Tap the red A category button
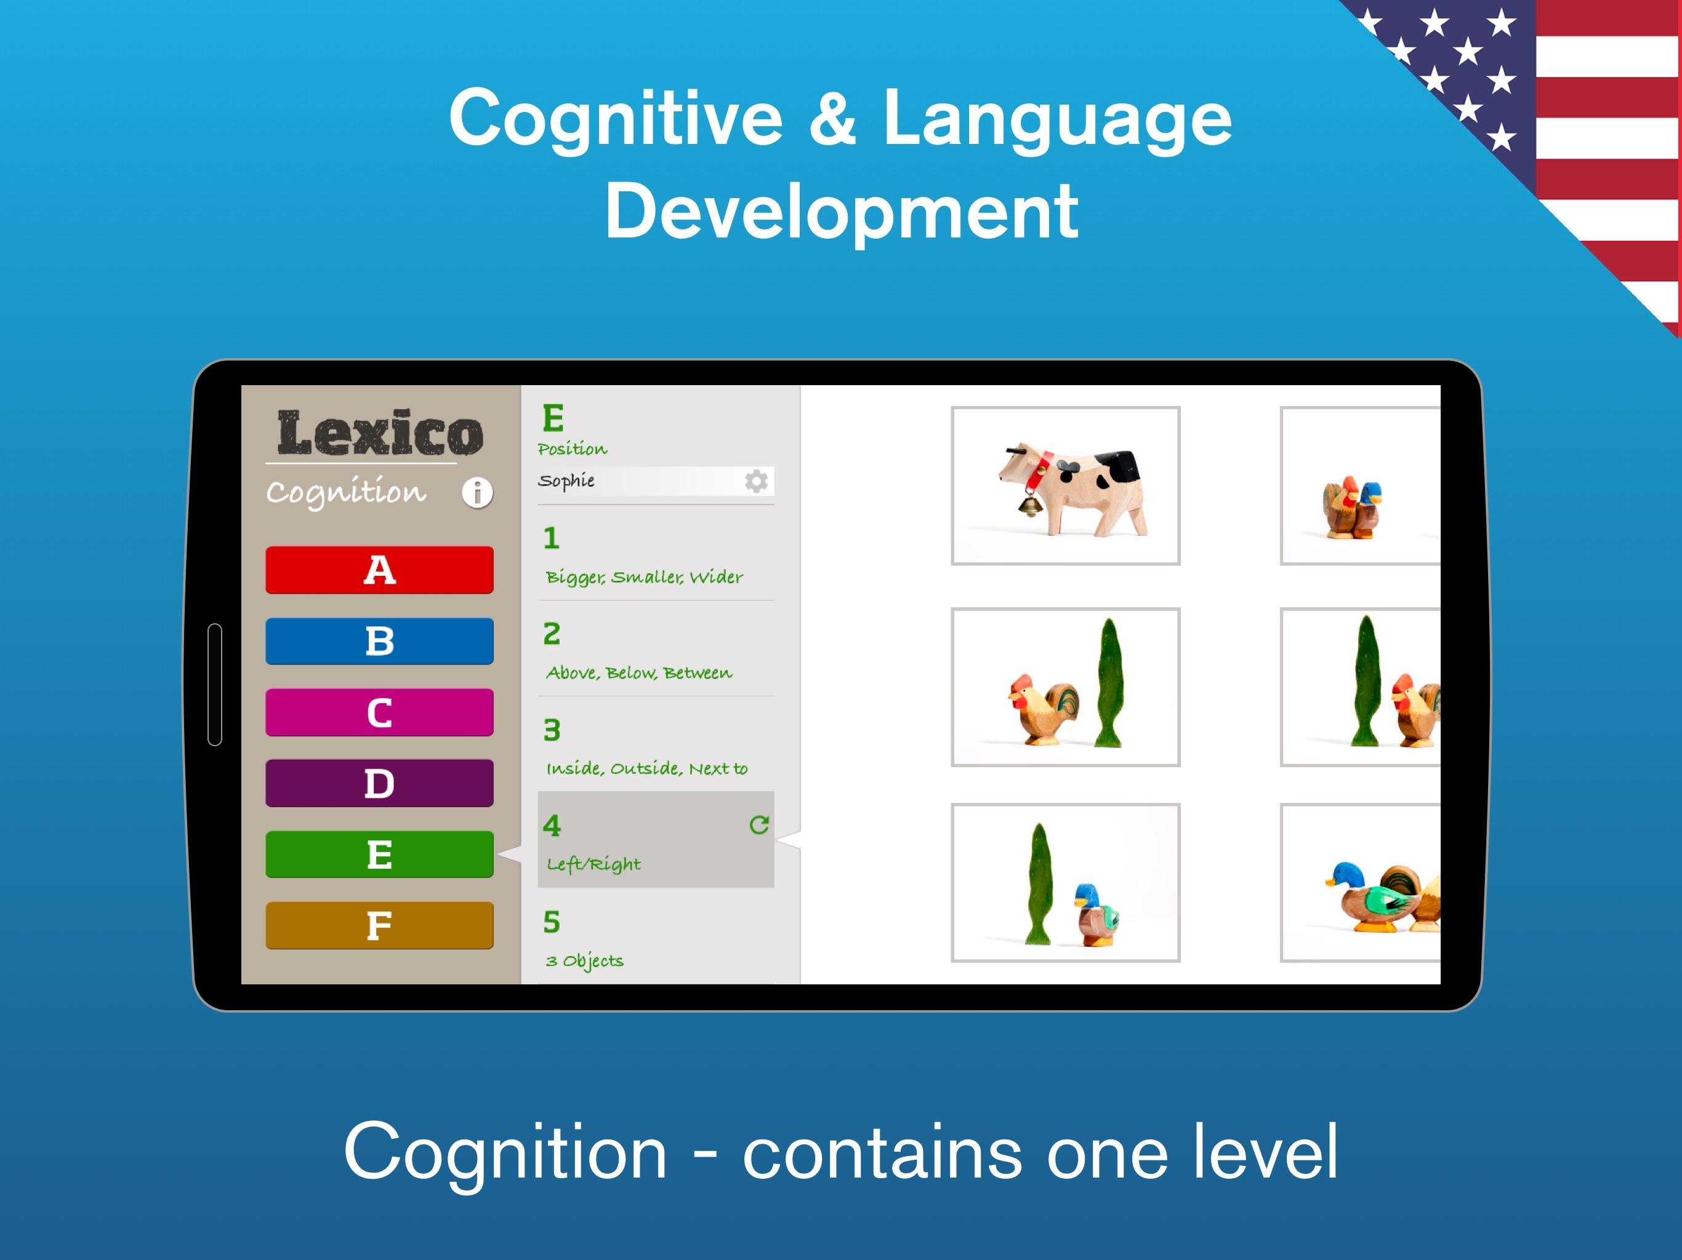(x=379, y=569)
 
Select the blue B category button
(x=379, y=640)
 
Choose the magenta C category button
(x=379, y=712)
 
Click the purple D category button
(x=379, y=783)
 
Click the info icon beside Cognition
(x=478, y=492)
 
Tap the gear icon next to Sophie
(x=756, y=481)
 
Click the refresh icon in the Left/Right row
(x=759, y=824)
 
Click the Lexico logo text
(x=379, y=433)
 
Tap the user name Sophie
(x=566, y=481)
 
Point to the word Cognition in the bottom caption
(x=505, y=1152)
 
